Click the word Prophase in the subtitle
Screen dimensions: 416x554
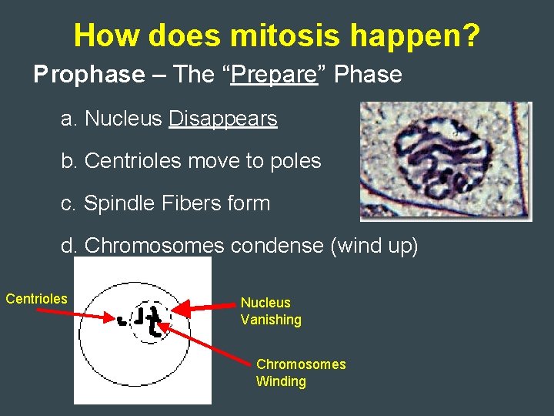[x=88, y=75]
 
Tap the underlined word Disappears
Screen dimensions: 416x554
[x=223, y=119]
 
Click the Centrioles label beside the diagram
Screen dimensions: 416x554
[x=36, y=299]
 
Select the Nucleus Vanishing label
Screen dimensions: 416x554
[x=270, y=311]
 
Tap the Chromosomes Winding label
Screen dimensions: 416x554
[x=300, y=373]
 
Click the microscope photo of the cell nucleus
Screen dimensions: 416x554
[x=446, y=161]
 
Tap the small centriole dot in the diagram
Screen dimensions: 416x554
[x=122, y=319]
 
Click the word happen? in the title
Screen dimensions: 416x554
[x=412, y=35]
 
